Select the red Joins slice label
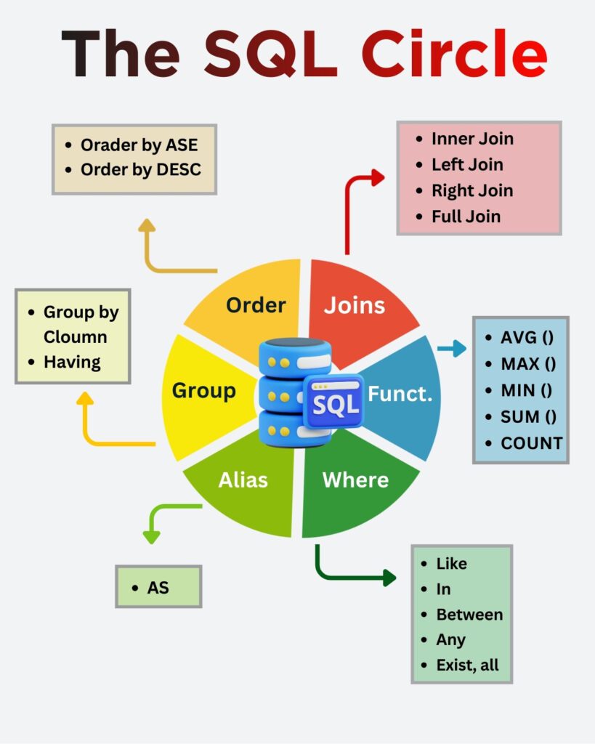[x=355, y=305]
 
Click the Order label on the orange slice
[x=256, y=305]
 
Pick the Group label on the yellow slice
[x=203, y=391]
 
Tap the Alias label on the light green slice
[x=243, y=480]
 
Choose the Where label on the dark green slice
[x=355, y=480]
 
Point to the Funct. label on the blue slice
[x=400, y=394]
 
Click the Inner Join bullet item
[x=472, y=139]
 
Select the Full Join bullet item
[x=466, y=217]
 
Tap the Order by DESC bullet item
[x=141, y=170]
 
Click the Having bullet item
[x=72, y=362]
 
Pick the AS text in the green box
[x=158, y=588]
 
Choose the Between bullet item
[x=469, y=615]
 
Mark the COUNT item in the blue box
[x=532, y=443]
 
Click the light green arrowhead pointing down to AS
[x=151, y=538]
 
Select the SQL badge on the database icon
[x=333, y=401]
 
